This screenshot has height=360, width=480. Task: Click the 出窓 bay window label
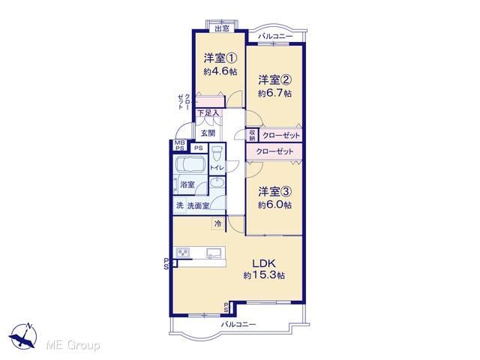click(x=222, y=28)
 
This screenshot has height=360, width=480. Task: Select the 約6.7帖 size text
click(x=274, y=93)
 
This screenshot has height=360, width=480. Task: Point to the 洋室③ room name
click(x=274, y=192)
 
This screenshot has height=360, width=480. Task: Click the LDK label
click(x=264, y=263)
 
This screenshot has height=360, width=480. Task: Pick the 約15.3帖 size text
click(x=264, y=275)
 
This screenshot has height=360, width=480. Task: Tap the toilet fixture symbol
click(x=217, y=154)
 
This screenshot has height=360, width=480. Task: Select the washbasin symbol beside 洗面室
click(x=217, y=182)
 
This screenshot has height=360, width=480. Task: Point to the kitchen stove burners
click(x=183, y=253)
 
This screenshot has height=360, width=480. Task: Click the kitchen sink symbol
click(x=214, y=253)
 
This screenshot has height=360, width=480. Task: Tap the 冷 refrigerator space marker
click(x=218, y=223)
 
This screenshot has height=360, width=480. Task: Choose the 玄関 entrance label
click(x=208, y=133)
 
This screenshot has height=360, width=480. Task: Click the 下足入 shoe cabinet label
click(x=208, y=113)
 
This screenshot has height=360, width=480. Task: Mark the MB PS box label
click(x=179, y=145)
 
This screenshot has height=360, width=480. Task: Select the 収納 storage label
click(x=252, y=135)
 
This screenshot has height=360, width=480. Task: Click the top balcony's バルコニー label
click(x=275, y=37)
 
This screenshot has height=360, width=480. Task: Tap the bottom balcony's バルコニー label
click(x=238, y=324)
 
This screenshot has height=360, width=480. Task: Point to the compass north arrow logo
click(x=23, y=335)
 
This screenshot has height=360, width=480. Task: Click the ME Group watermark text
click(x=73, y=346)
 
